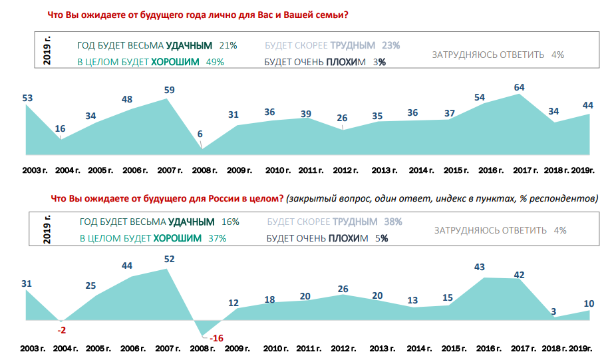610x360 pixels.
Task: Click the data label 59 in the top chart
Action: click(169, 90)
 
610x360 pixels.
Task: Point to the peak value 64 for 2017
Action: click(520, 87)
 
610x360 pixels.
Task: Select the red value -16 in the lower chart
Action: click(216, 338)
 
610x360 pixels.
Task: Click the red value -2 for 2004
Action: click(61, 330)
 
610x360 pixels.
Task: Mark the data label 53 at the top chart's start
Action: click(27, 98)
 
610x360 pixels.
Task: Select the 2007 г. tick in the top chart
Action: click(170, 170)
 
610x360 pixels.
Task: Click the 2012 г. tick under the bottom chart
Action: click(345, 348)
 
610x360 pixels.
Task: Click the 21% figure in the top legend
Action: click(228, 46)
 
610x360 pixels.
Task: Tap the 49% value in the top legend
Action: click(215, 62)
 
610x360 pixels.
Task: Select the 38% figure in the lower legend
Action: click(392, 222)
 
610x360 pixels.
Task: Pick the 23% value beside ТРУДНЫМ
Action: click(391, 46)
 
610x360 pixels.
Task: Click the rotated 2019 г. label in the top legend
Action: click(47, 51)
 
